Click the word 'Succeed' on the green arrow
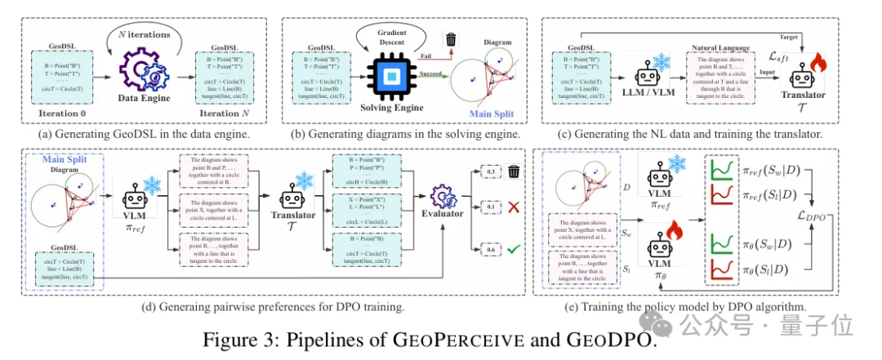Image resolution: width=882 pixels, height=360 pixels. pyautogui.click(x=432, y=73)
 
